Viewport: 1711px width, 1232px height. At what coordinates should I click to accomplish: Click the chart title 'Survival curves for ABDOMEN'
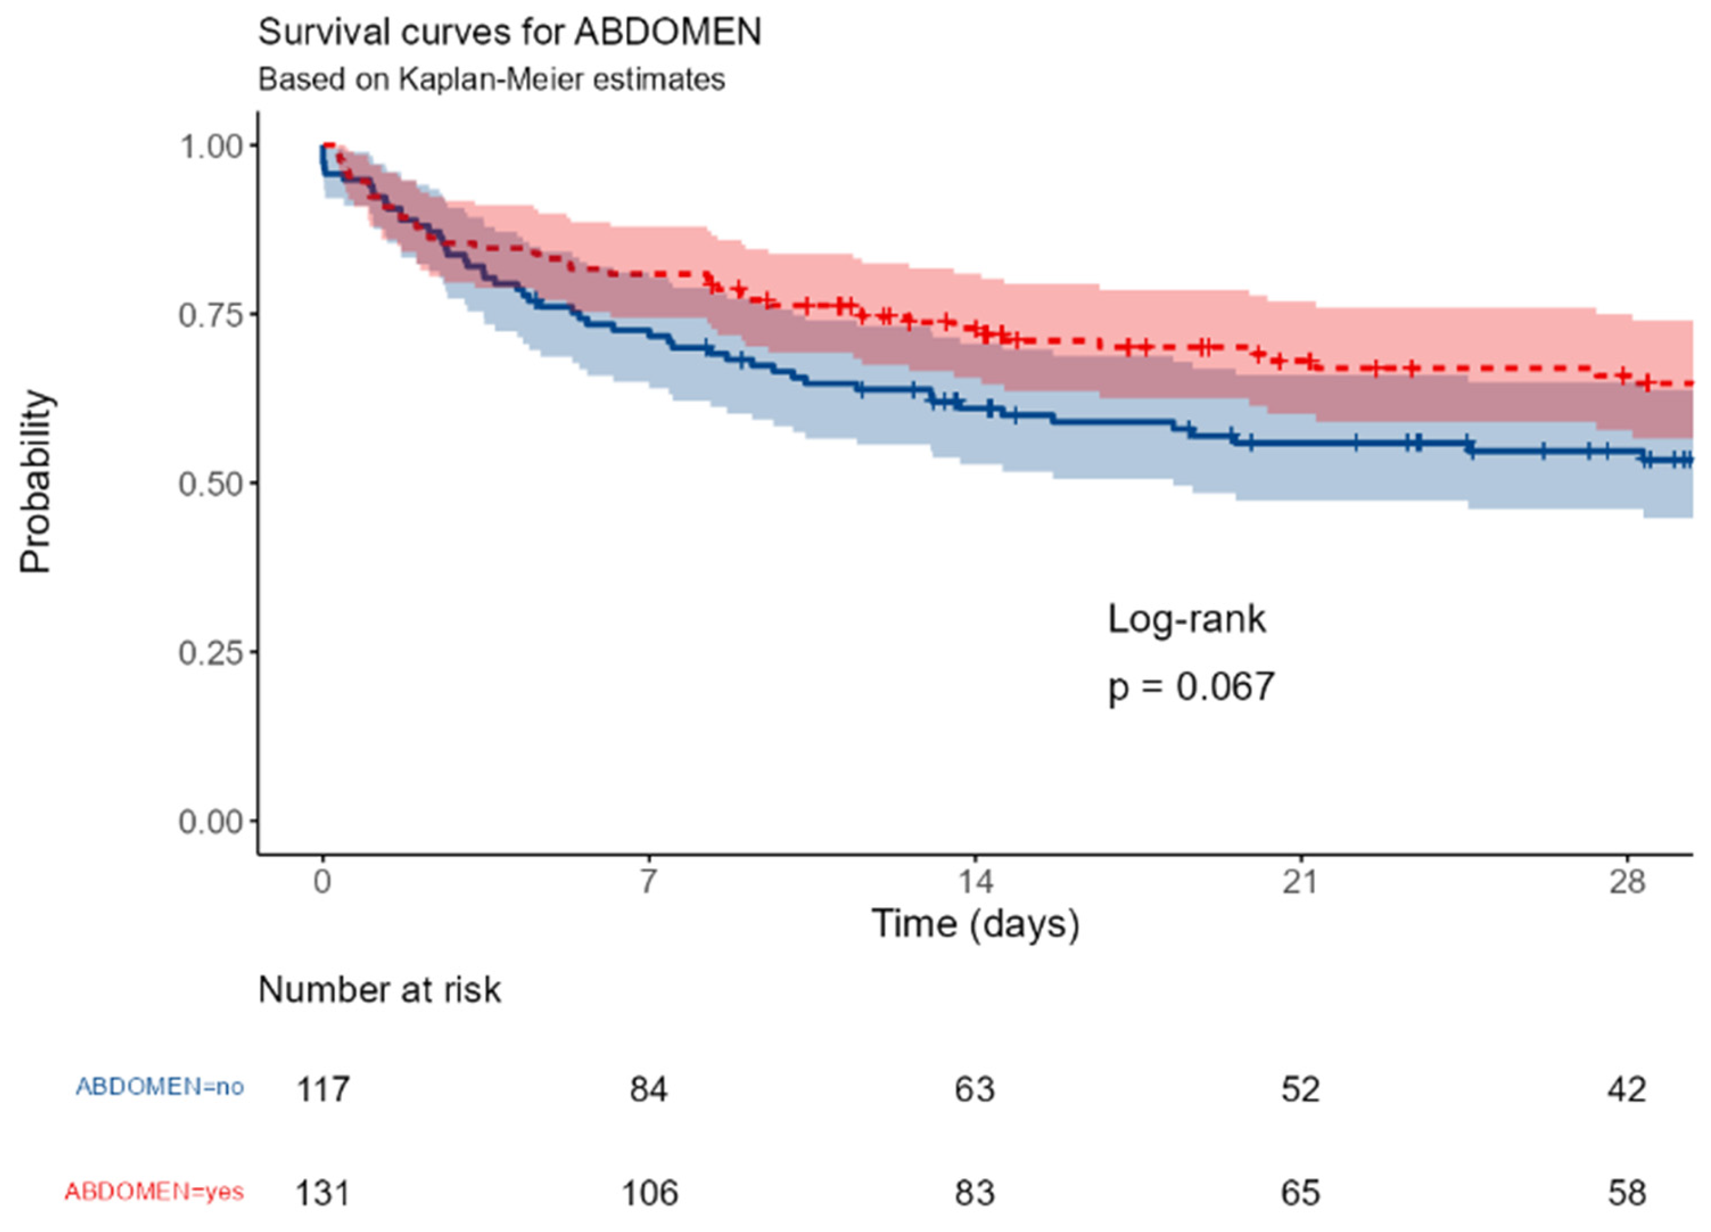coord(509,33)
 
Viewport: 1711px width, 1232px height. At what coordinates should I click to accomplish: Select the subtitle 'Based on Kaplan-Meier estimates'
coord(491,79)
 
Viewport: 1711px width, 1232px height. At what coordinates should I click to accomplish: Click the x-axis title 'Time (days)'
coord(975,924)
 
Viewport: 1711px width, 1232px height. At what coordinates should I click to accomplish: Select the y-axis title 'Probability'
coord(36,483)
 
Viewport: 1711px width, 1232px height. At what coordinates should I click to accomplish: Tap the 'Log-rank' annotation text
coord(1187,619)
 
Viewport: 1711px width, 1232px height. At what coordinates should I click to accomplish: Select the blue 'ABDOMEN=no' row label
coord(160,1086)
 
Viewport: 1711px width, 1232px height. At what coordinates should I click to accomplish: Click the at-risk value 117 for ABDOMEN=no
coord(323,1089)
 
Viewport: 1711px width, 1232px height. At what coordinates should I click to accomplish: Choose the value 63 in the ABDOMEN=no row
coord(974,1089)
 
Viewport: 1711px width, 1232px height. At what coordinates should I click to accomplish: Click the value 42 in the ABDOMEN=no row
coord(1626,1089)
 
